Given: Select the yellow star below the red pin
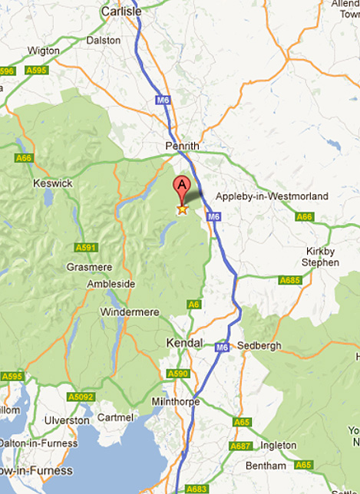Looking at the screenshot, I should (183, 209).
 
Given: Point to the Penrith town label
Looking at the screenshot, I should (182, 146).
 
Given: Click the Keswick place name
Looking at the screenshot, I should (53, 183).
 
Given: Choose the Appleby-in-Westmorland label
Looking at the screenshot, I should (271, 196).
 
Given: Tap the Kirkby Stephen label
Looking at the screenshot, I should (320, 257).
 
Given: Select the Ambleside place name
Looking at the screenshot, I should (111, 284).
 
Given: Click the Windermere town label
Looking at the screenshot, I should (130, 312).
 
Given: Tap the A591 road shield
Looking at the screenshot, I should (85, 248).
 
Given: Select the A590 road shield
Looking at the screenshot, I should (177, 374).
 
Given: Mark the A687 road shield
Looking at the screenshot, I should (241, 446).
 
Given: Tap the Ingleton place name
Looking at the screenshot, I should (277, 445).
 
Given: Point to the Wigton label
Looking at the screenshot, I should (43, 51).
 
